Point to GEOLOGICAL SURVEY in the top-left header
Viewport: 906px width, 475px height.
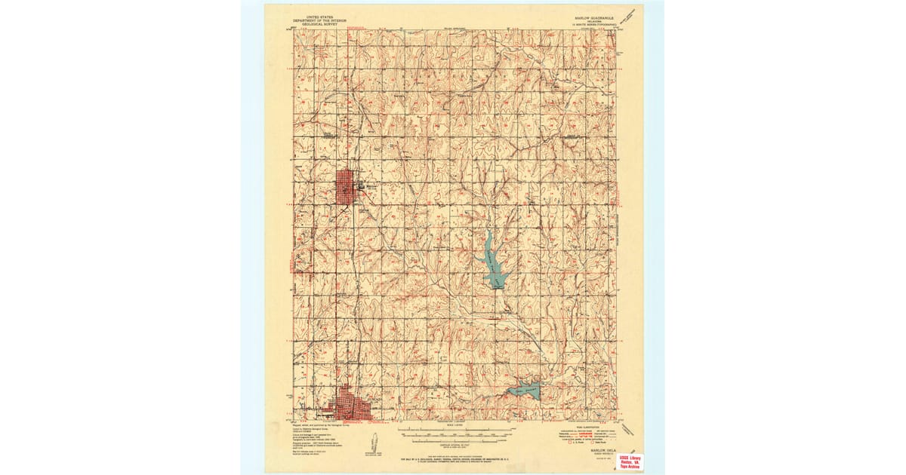(317, 24)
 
